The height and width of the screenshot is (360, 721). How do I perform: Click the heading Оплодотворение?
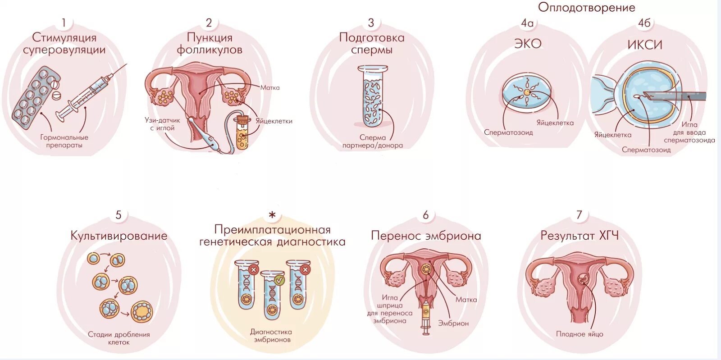click(x=586, y=7)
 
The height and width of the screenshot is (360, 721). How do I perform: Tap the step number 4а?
click(x=527, y=23)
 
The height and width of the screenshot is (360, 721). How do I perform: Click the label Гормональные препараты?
click(x=64, y=141)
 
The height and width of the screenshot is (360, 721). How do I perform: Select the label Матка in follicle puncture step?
click(x=270, y=87)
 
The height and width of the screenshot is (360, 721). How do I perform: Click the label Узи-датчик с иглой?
click(x=162, y=124)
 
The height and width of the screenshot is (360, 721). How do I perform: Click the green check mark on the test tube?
click(x=279, y=280)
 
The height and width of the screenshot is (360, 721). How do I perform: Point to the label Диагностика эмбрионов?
click(x=271, y=336)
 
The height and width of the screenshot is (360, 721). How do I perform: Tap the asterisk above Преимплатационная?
click(x=272, y=215)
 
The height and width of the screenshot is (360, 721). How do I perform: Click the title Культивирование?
click(x=119, y=236)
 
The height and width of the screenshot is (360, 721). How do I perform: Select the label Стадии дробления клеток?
click(x=119, y=338)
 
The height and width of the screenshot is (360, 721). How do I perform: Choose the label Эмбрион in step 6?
click(x=453, y=323)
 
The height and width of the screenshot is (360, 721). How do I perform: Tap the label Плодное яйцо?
click(x=580, y=334)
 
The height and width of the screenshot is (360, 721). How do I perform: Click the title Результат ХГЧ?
click(x=580, y=235)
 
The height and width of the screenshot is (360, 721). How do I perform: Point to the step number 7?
click(x=580, y=215)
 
